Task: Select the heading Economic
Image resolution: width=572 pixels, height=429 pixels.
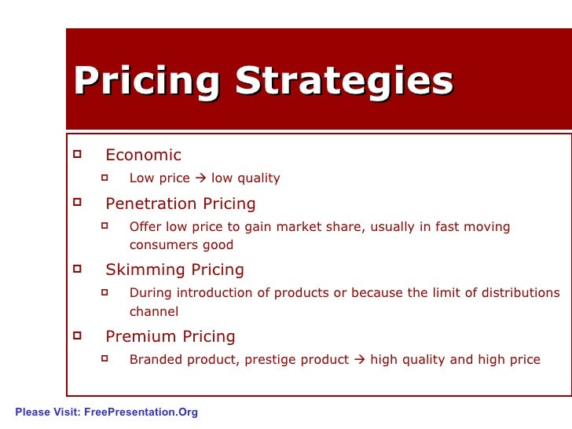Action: (143, 155)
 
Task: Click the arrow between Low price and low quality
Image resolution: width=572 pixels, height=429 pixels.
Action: (200, 178)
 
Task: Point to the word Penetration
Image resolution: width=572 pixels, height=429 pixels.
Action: (151, 204)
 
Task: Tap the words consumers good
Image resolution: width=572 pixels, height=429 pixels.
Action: (181, 245)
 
